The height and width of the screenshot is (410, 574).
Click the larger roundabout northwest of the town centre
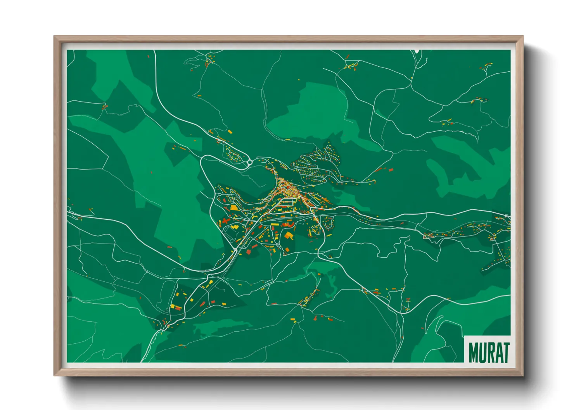pos(249,162)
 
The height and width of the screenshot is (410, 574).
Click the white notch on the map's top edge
pos(417,51)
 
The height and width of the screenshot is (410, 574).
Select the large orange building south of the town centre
pos(289,236)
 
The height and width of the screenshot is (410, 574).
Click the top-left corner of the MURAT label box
pos(465,336)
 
